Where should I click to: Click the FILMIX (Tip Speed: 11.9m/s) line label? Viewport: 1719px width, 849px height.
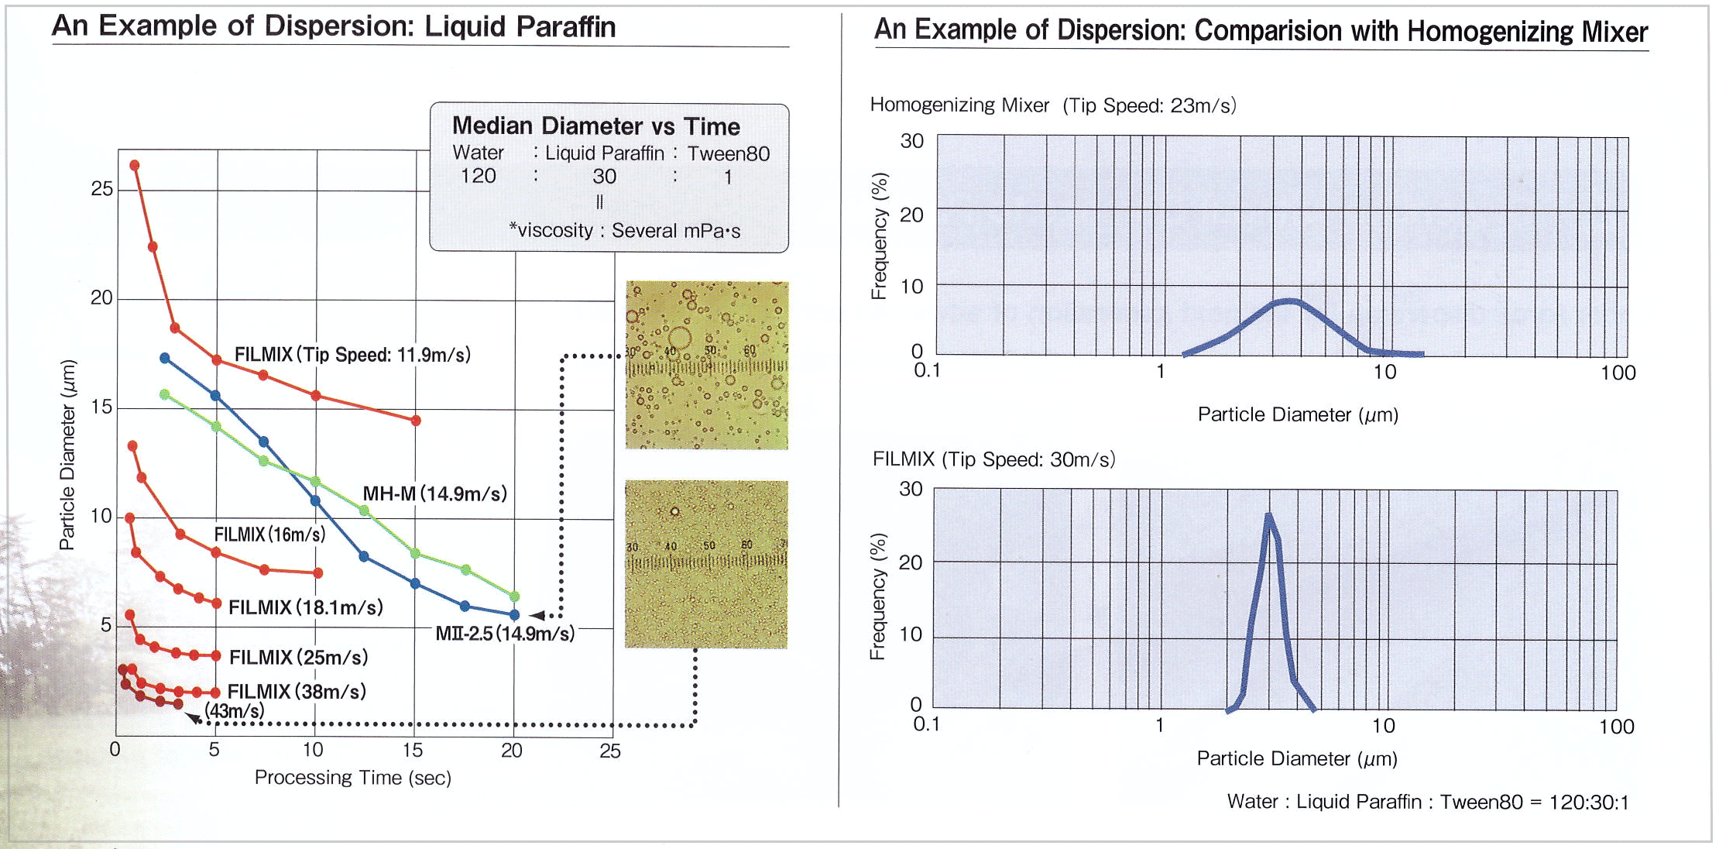352,355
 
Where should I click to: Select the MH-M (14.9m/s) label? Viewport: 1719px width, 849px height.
435,493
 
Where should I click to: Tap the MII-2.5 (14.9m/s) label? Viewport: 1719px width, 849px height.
505,634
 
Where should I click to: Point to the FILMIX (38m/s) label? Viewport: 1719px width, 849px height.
297,691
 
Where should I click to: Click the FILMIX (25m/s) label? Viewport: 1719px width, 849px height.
299,657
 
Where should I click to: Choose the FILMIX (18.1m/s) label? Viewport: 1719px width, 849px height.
306,607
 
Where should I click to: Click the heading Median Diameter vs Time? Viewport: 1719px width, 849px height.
596,125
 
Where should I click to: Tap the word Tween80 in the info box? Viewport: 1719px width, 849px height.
729,153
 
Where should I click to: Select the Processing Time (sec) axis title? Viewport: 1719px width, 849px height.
353,777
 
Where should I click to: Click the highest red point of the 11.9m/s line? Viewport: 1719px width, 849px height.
135,165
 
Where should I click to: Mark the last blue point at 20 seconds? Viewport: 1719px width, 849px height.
514,615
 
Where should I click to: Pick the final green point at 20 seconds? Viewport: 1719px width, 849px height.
515,596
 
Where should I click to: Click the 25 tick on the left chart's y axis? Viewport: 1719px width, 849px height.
101,188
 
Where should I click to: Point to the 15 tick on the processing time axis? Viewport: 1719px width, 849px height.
413,750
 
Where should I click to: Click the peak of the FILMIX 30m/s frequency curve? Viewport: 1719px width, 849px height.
1268,514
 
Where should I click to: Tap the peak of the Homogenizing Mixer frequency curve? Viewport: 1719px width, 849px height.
1289,301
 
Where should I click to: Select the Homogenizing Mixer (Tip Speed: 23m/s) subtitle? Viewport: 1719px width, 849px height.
1053,105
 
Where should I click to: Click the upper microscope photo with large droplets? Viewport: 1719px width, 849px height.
707,365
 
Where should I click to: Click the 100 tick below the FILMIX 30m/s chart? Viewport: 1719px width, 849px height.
1617,727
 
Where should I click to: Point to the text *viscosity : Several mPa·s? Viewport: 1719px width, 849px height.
625,230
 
